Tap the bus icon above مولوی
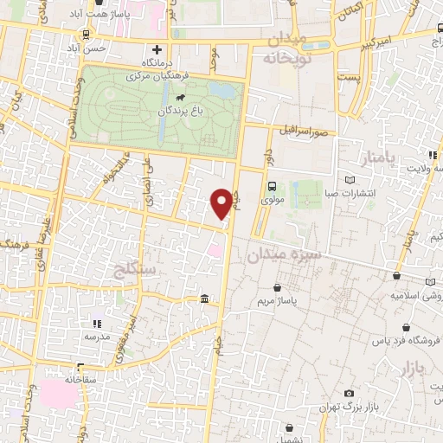point(273,186)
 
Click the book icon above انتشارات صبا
point(350,179)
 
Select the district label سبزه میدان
point(284,254)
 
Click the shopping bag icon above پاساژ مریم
point(277,287)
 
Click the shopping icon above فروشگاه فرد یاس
point(385,326)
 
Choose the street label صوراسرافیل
point(307,132)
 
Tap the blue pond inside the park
point(221,90)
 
